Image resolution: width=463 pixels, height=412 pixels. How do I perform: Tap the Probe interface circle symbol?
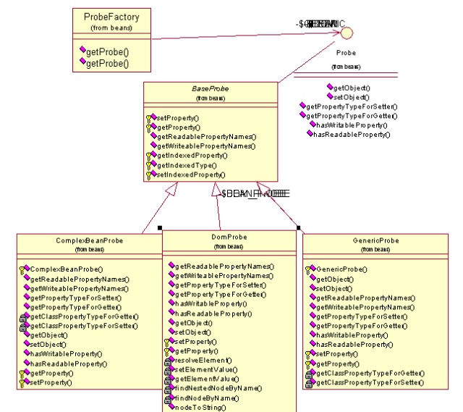pos(347,32)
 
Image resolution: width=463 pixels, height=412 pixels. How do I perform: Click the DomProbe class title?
pos(229,237)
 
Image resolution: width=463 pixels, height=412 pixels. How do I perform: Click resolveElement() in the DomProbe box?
pos(203,360)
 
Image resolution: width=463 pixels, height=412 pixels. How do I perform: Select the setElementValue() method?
pos(206,369)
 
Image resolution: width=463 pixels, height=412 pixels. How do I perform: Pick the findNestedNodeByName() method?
pos(215,388)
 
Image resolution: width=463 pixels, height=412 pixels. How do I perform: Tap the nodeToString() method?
pos(201,408)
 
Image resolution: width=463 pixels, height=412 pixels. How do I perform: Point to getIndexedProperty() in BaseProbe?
pos(192,155)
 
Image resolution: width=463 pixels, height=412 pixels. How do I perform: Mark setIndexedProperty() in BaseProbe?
pos(192,175)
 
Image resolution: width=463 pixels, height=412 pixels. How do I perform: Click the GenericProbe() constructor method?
pos(342,269)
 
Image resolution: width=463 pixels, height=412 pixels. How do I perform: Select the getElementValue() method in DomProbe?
pos(206,379)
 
